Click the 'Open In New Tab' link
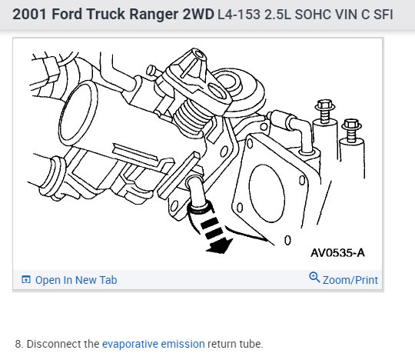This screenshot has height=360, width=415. pos(76,280)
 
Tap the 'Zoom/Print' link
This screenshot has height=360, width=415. pos(350,280)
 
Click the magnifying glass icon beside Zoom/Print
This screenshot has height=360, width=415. pos(314,278)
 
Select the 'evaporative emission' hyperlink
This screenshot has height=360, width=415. pos(154,344)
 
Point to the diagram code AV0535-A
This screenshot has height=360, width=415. pos(337,253)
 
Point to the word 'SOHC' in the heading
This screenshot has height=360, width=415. pos(313,15)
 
